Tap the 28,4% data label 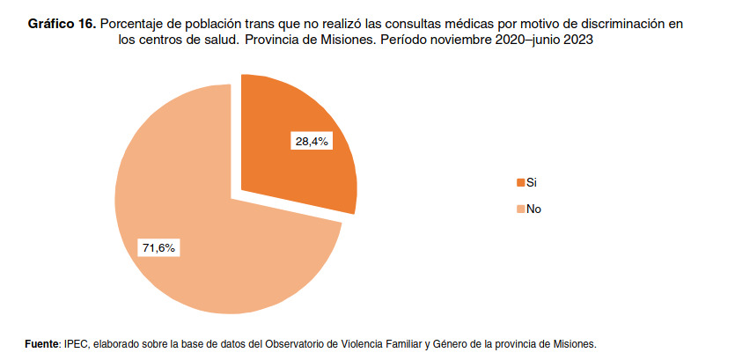coord(311,141)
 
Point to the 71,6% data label coord(158,248)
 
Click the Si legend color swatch coord(520,182)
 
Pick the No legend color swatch coord(520,209)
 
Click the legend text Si coord(531,182)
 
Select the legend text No coord(533,209)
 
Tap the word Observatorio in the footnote coord(297,342)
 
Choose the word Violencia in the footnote coord(361,342)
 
